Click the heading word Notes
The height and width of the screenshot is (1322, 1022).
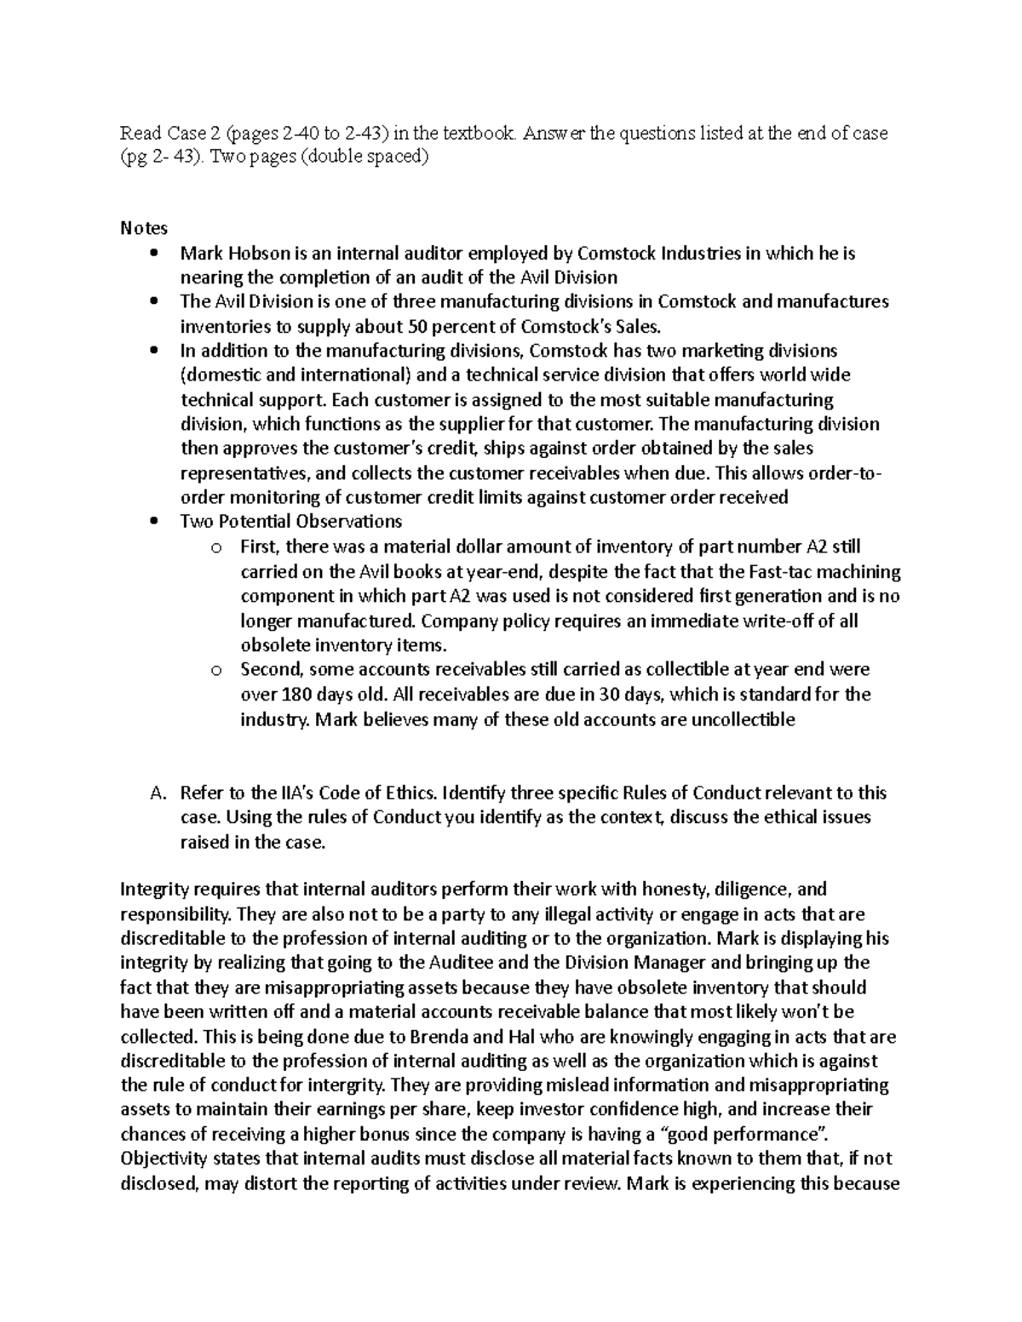pos(143,228)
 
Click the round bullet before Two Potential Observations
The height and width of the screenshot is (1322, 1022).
pos(153,522)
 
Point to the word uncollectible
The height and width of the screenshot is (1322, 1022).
pos(736,719)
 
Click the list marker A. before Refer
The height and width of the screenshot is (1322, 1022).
pos(156,793)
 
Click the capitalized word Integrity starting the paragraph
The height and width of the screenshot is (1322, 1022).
pos(152,890)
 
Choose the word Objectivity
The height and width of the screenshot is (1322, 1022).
pos(162,1159)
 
